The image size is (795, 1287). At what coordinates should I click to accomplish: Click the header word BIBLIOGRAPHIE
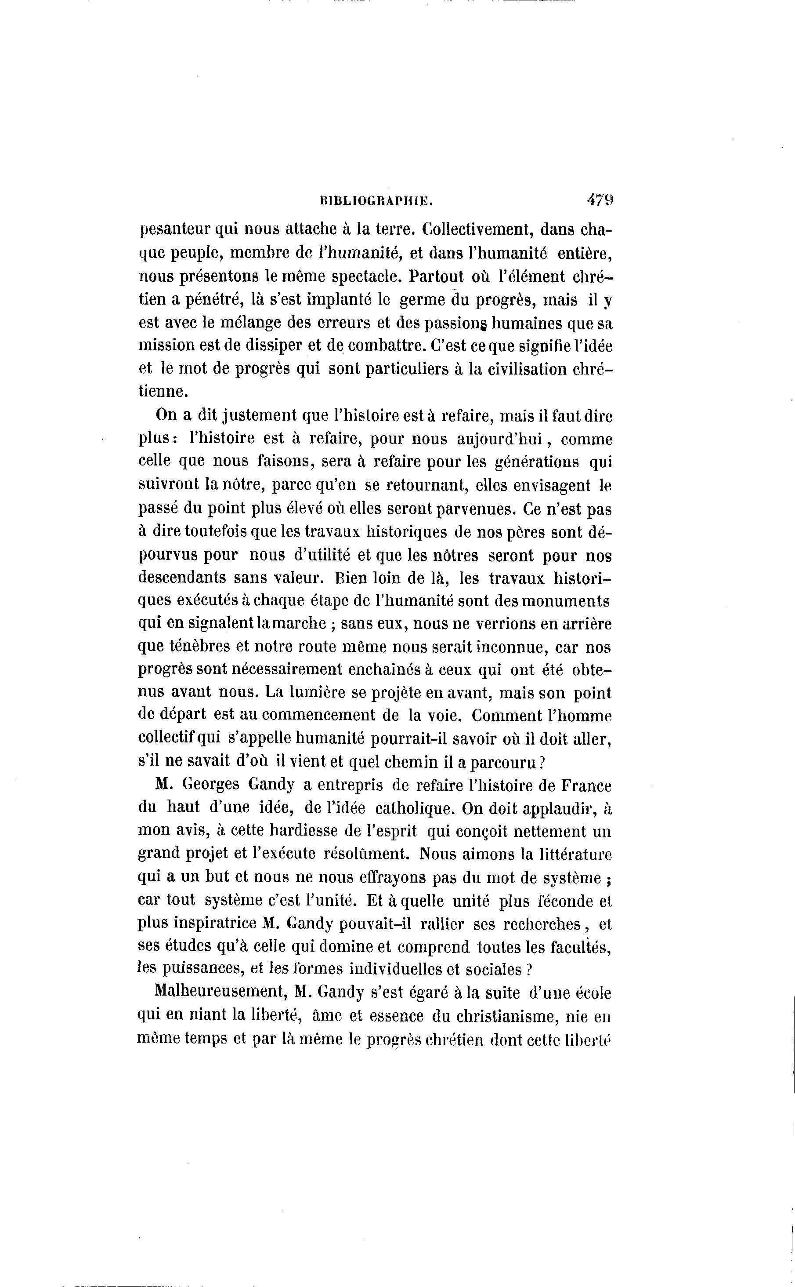click(376, 200)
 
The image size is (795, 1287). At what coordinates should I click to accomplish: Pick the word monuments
click(569, 601)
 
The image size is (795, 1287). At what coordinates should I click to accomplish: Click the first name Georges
click(210, 785)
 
